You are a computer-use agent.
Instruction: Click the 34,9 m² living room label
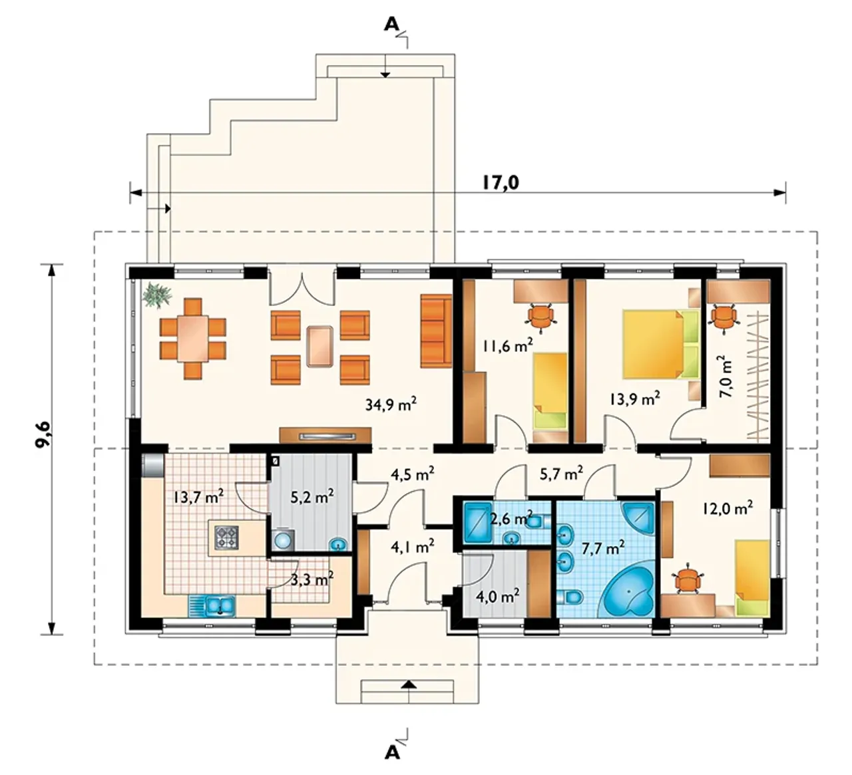point(391,404)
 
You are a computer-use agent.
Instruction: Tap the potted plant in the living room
point(157,294)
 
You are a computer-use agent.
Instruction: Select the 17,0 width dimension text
point(501,182)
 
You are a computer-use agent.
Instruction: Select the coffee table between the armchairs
point(319,346)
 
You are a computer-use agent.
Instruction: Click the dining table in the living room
point(193,339)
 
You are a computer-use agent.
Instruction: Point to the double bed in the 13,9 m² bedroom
point(660,344)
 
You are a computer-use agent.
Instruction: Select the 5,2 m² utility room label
point(312,497)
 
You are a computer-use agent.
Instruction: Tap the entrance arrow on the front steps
point(408,685)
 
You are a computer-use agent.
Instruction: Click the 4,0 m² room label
point(498,597)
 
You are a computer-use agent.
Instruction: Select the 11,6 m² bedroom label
point(508,346)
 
